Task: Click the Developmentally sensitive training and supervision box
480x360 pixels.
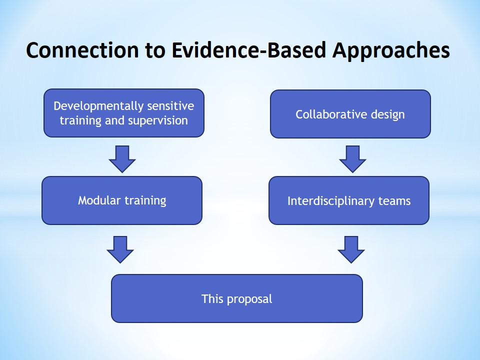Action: pyautogui.click(x=124, y=113)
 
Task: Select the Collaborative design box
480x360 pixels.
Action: pyautogui.click(x=350, y=114)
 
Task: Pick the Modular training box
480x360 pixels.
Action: pyautogui.click(x=122, y=200)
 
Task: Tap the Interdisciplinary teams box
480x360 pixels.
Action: pyautogui.click(x=349, y=200)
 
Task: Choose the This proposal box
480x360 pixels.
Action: pyautogui.click(x=236, y=298)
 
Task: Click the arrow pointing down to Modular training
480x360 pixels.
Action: pyautogui.click(x=122, y=159)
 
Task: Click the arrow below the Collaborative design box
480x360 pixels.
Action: pyautogui.click(x=352, y=159)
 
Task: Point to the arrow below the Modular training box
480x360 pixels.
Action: pyautogui.click(x=120, y=249)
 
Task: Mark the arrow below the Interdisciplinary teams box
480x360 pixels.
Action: pyautogui.click(x=351, y=249)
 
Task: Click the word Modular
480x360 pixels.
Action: pyautogui.click(x=98, y=200)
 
